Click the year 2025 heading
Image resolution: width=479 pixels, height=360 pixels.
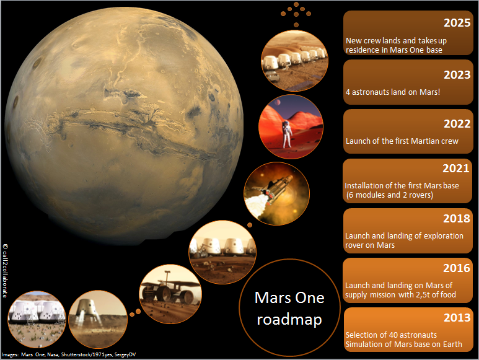pos(457,23)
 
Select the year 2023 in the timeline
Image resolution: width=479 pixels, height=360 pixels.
pos(457,75)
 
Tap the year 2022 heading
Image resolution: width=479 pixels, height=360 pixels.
pos(457,124)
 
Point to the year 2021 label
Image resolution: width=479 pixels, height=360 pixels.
pos(456,169)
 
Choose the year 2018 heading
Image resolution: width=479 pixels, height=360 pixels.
pos(457,218)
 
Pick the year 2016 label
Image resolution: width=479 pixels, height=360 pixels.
pos(457,268)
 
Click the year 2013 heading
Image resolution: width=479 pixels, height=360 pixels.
pos(457,318)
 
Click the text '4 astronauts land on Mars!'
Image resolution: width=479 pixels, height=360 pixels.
pos(393,92)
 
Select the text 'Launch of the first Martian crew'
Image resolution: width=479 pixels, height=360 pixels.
pos(402,141)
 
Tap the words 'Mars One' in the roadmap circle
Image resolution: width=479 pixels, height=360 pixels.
pos(289,297)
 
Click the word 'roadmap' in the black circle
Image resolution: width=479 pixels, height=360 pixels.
pos(289,320)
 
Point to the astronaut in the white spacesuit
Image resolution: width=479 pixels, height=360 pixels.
pos(286,134)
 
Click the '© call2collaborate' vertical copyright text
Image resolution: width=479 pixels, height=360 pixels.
pos(5,271)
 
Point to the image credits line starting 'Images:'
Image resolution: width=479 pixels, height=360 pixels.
pos(69,354)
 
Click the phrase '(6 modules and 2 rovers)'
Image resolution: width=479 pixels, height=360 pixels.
pos(390,195)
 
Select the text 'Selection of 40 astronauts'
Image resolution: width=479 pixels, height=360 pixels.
pos(391,335)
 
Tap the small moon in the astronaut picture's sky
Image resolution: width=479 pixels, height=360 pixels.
pos(278,102)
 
